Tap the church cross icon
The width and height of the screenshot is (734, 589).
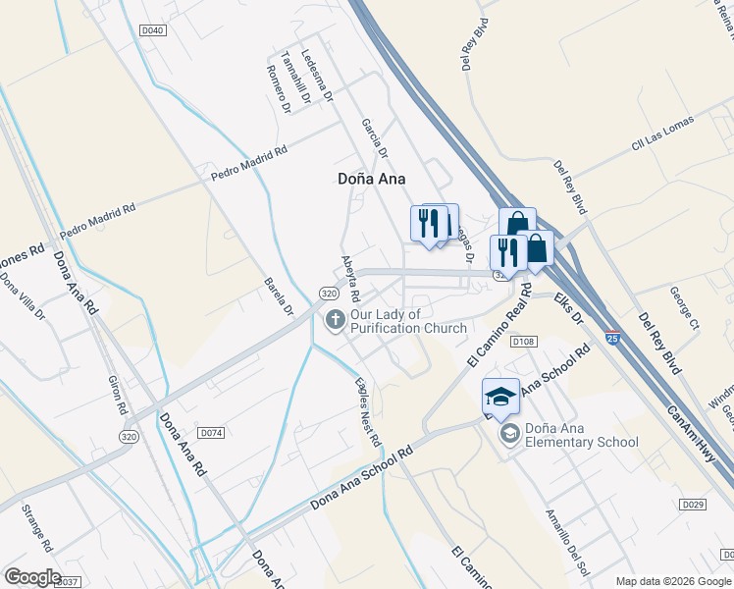(335, 319)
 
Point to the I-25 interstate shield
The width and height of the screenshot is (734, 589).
(612, 337)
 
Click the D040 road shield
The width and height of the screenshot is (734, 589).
(153, 31)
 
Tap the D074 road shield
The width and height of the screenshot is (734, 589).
(211, 432)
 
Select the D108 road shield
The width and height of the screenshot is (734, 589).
(523, 341)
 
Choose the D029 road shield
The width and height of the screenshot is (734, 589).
(692, 504)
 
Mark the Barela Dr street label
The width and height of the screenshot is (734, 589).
(279, 296)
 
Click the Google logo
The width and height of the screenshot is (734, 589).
(32, 577)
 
